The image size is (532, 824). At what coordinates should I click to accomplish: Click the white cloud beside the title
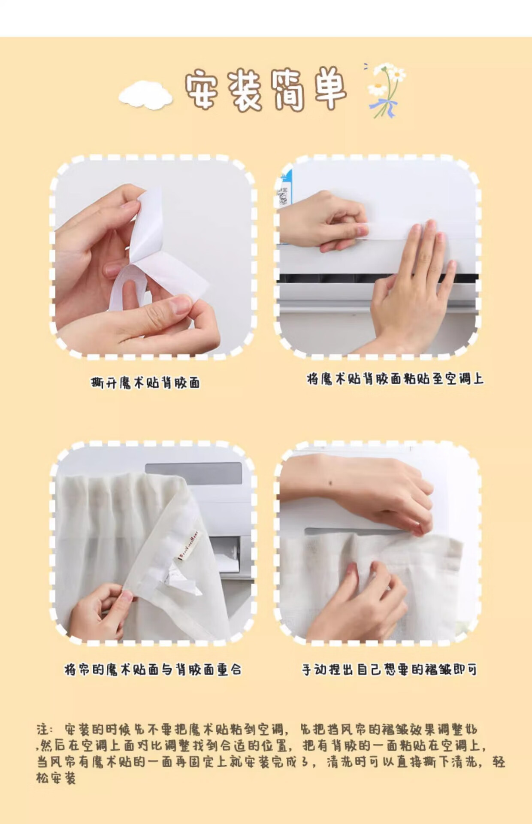pyautogui.click(x=146, y=94)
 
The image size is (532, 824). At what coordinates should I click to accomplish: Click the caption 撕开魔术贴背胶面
pyautogui.click(x=145, y=382)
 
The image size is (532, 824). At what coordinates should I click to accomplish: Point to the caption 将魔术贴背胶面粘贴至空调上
pyautogui.click(x=395, y=379)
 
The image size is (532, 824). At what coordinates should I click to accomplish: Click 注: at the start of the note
pyautogui.click(x=45, y=729)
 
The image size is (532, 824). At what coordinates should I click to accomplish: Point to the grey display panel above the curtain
pyautogui.click(x=193, y=474)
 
